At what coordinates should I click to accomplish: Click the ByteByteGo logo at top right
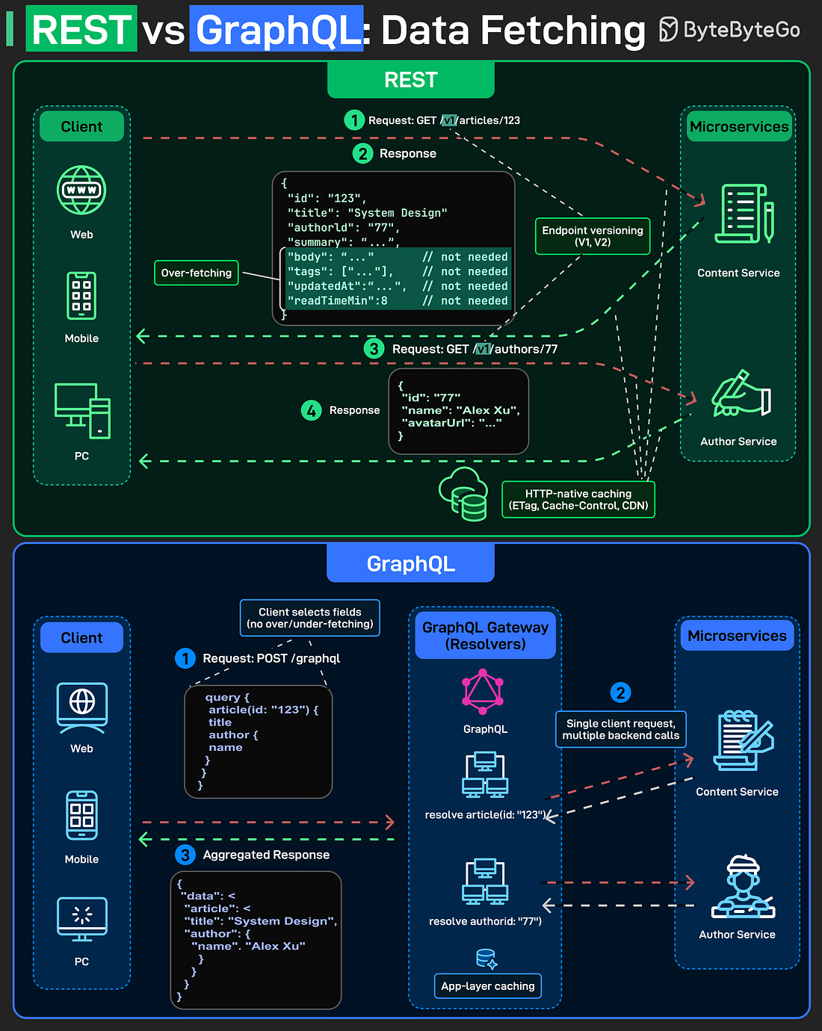click(729, 30)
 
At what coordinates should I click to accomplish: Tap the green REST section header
click(410, 80)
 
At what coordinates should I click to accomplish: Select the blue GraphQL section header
click(410, 563)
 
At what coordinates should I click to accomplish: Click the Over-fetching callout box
click(196, 273)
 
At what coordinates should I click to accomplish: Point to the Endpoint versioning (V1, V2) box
click(592, 236)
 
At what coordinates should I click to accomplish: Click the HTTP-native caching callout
click(578, 500)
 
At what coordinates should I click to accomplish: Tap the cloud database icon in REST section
click(463, 494)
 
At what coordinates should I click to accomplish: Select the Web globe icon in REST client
click(81, 190)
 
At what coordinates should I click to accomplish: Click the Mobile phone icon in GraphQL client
click(81, 815)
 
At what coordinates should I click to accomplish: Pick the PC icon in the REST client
click(82, 411)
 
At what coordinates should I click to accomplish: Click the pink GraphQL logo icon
click(483, 691)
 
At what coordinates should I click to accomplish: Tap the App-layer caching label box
click(487, 986)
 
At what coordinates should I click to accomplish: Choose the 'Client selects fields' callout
click(309, 618)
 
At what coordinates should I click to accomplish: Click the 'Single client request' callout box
click(620, 729)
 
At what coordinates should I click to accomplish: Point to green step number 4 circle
click(312, 410)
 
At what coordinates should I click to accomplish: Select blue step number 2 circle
click(620, 693)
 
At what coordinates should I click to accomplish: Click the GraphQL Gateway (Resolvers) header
click(485, 636)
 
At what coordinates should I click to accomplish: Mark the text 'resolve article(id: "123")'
click(485, 815)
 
